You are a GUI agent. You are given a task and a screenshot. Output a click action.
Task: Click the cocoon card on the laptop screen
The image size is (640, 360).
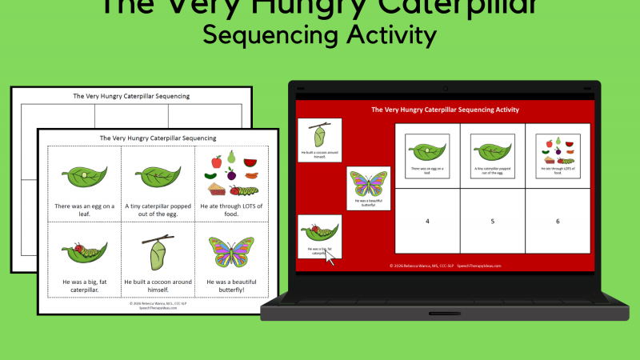[x=319, y=136]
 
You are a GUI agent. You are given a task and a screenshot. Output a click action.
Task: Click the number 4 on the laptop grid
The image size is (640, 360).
[x=427, y=221]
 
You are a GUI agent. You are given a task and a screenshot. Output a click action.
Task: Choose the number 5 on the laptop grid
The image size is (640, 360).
[x=492, y=221]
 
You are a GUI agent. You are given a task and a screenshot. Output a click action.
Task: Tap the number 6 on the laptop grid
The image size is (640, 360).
[x=558, y=221]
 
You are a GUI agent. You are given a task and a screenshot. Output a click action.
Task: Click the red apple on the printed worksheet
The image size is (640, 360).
[x=216, y=161]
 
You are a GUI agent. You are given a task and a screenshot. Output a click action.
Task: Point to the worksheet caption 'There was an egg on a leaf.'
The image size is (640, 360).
[x=84, y=210]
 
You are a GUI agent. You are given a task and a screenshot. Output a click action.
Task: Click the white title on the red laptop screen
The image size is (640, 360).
[x=445, y=110]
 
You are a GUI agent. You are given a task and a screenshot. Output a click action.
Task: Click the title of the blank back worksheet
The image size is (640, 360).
[x=131, y=96]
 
